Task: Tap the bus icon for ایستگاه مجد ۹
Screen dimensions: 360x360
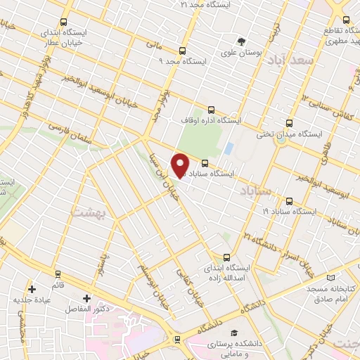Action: [x=182, y=51]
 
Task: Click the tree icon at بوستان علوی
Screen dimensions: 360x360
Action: [x=241, y=41]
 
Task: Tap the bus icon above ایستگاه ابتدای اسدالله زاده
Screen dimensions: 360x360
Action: [x=226, y=257]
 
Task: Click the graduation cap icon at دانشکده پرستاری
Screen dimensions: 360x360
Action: [x=234, y=332]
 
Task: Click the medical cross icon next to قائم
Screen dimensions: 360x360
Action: [x=32, y=288]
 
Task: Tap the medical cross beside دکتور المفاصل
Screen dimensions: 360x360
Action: [x=87, y=298]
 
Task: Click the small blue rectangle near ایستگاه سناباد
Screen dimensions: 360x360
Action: [x=229, y=149]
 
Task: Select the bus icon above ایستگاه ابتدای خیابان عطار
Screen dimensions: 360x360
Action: [x=65, y=22]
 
